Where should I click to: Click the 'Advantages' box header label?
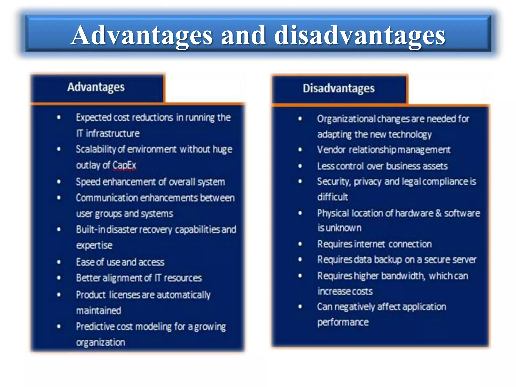[x=96, y=87]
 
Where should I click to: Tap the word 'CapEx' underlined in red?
[x=124, y=165]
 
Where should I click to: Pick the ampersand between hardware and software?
[x=438, y=213]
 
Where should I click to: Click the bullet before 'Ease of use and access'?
[x=59, y=262]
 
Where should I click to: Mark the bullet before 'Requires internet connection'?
[x=300, y=244]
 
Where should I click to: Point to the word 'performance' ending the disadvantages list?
[x=343, y=322]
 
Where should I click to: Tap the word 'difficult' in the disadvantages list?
[x=333, y=197]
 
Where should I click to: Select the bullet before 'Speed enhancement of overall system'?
[x=59, y=182]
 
